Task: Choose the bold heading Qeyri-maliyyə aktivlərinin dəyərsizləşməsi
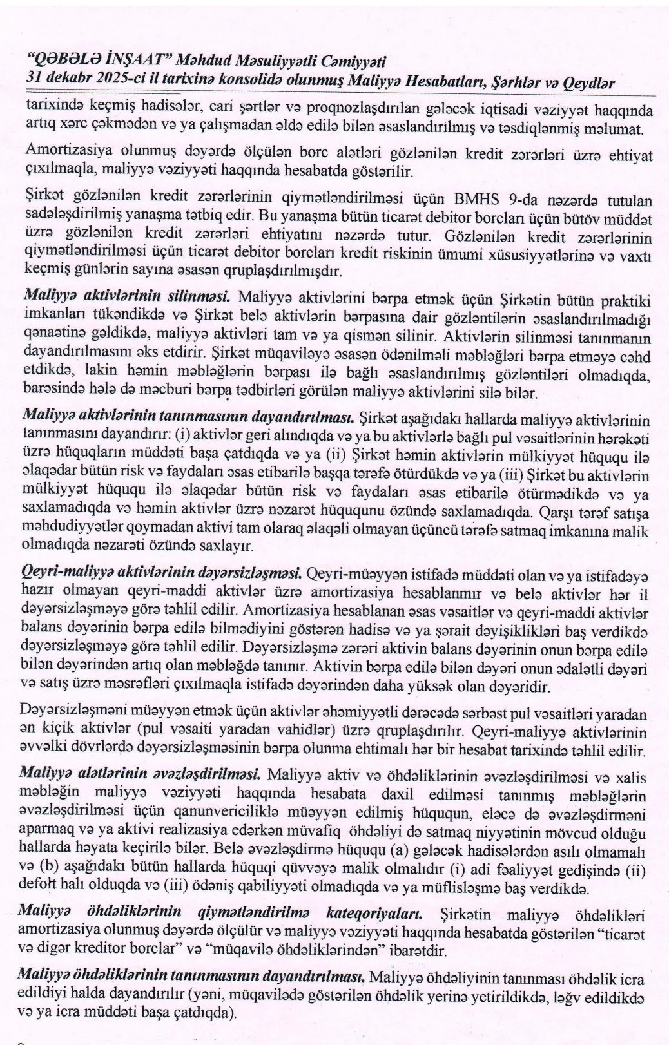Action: [163, 572]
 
